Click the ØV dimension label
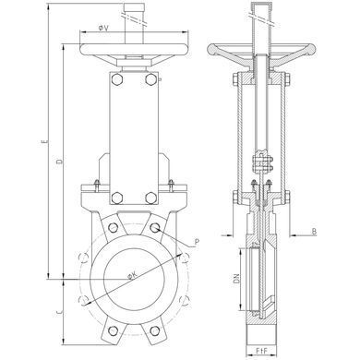pyautogui.click(x=103, y=28)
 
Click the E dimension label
pyautogui.click(x=45, y=141)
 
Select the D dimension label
pyautogui.click(x=60, y=161)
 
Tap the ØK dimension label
pyautogui.click(x=132, y=276)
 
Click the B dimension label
pyautogui.click(x=314, y=232)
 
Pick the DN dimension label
pyautogui.click(x=236, y=279)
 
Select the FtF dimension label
pyautogui.click(x=262, y=350)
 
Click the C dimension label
pyautogui.click(x=60, y=313)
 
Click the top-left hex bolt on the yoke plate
pyautogui.click(x=117, y=78)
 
